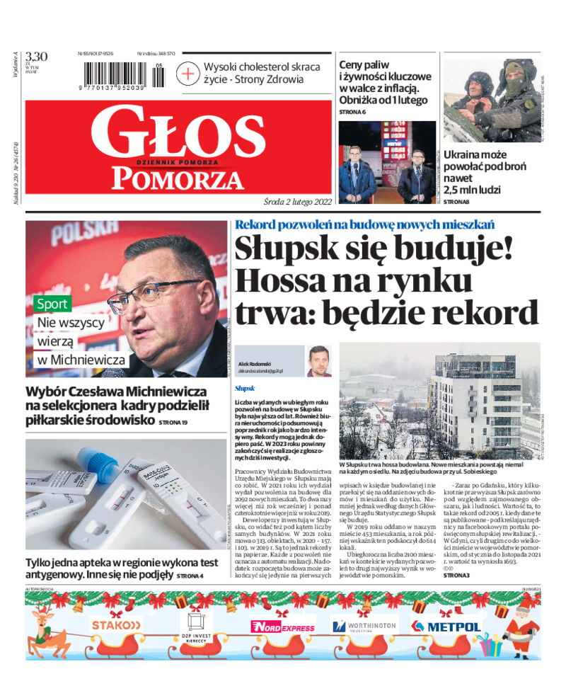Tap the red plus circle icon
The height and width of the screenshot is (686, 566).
[x=189, y=73]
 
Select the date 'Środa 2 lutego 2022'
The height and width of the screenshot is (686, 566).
[x=297, y=201]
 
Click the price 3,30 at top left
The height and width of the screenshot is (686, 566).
[x=36, y=57]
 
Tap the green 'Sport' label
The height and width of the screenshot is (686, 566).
[x=53, y=304]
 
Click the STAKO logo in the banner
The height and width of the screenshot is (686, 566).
[x=116, y=625]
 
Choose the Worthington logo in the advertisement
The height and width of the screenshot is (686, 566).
[x=364, y=626]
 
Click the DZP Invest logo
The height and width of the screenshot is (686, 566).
[x=196, y=626]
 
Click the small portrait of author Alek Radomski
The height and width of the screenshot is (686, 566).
[x=319, y=361]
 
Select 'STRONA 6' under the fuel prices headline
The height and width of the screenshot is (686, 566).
[x=352, y=112]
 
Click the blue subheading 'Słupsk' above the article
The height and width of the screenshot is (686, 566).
[x=244, y=389]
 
